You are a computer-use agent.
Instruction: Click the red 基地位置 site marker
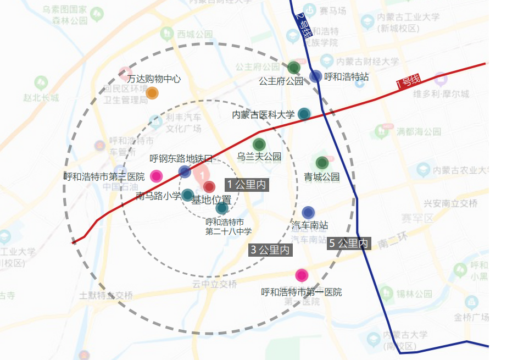[209, 186]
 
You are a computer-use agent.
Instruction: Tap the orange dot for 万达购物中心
[152, 93]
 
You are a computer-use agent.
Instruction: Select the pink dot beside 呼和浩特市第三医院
[157, 176]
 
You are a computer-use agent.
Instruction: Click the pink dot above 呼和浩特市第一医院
[301, 275]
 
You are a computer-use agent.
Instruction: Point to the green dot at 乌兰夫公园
[259, 145]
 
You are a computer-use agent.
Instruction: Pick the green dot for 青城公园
[322, 163]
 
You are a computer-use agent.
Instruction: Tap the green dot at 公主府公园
[294, 68]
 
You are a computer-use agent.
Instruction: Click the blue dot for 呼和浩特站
[315, 76]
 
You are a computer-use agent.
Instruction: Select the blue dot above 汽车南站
[308, 213]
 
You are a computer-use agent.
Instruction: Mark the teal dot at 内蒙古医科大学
[304, 114]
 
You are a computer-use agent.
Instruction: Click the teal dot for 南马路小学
[187, 195]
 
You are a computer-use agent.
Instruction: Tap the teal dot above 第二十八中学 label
[222, 208]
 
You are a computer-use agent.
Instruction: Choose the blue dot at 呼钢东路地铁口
[185, 171]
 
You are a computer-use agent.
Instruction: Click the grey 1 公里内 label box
[247, 185]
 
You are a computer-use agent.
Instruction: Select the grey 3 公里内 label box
[270, 250]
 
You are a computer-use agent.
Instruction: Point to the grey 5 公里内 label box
[349, 243]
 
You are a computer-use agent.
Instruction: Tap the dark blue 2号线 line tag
[301, 24]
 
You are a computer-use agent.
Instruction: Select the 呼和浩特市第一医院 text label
[301, 292]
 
